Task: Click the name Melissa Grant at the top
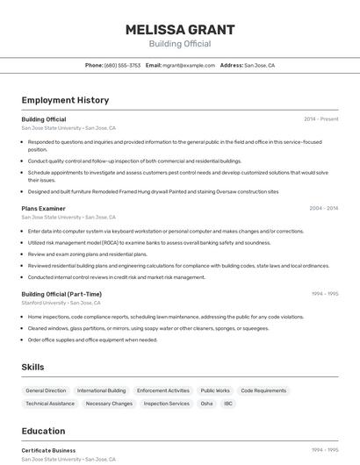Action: click(x=180, y=29)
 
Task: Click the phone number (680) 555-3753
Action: click(x=122, y=65)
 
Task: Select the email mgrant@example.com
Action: click(x=188, y=65)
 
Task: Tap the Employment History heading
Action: click(x=65, y=100)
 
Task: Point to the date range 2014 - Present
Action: click(x=320, y=119)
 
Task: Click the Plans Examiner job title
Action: click(x=43, y=209)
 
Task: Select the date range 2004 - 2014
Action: click(x=323, y=209)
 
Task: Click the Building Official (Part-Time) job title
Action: click(x=61, y=294)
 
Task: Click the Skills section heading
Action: click(x=33, y=367)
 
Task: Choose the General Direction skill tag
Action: click(x=46, y=390)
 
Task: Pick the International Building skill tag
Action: click(x=101, y=390)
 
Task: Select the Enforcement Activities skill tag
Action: click(x=163, y=390)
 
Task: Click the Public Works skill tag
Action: click(x=215, y=390)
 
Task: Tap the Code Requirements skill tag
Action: click(x=263, y=390)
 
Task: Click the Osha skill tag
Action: click(x=206, y=404)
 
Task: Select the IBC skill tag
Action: click(x=228, y=404)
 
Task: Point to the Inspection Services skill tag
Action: click(x=167, y=404)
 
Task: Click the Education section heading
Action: click(x=43, y=431)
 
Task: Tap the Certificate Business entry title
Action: click(x=48, y=450)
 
